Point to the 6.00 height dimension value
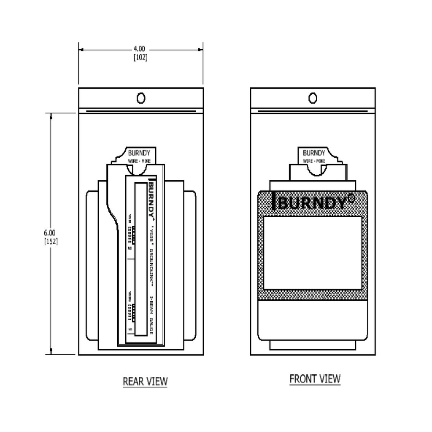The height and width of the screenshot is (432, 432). point(50,232)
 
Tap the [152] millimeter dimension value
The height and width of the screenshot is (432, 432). point(50,241)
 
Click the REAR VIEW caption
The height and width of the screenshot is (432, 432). point(145,381)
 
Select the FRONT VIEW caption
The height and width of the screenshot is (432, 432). point(315,379)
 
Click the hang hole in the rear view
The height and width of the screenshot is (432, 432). point(141,98)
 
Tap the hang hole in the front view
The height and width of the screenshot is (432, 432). point(313,98)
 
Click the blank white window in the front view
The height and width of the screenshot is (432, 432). point(313,253)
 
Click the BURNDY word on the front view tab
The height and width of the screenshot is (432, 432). point(314,153)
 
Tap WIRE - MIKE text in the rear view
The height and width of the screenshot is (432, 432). point(139,161)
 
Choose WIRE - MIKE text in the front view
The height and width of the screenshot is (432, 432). point(314,161)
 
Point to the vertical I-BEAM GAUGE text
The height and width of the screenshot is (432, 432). point(151,316)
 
